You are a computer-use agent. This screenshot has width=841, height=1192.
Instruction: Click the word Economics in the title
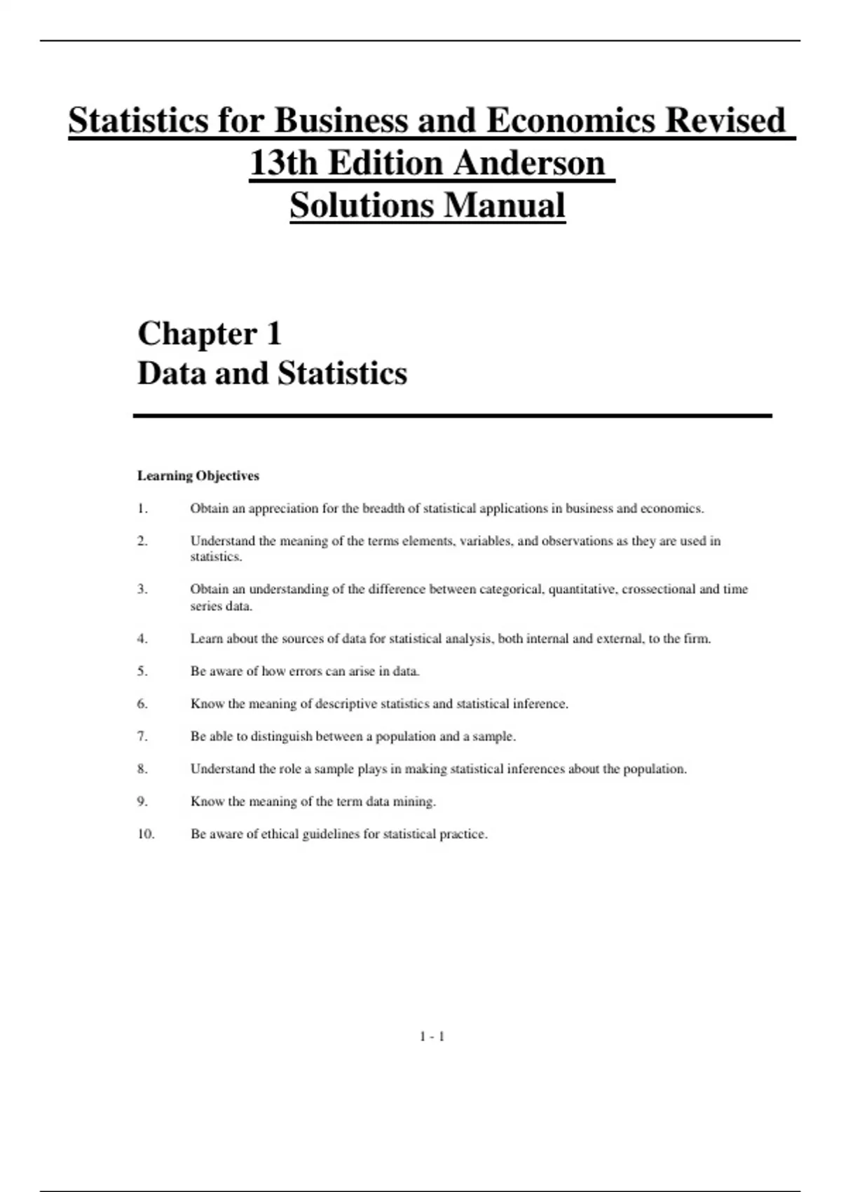pyautogui.click(x=570, y=120)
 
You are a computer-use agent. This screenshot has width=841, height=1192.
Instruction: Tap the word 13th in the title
pyautogui.click(x=285, y=163)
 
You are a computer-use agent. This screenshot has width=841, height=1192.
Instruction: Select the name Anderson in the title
pyautogui.click(x=529, y=163)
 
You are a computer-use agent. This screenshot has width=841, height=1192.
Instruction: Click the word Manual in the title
pyautogui.click(x=504, y=205)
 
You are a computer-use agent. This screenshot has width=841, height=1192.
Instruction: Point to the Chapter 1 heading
pyautogui.click(x=210, y=333)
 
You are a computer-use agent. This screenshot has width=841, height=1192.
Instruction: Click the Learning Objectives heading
pyautogui.click(x=198, y=476)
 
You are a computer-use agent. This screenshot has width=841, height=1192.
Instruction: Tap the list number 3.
pyautogui.click(x=142, y=589)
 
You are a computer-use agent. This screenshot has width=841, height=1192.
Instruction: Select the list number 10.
pyautogui.click(x=146, y=834)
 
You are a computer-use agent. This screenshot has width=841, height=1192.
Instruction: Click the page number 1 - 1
pyautogui.click(x=432, y=1036)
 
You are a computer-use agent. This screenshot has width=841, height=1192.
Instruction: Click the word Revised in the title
pyautogui.click(x=725, y=120)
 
